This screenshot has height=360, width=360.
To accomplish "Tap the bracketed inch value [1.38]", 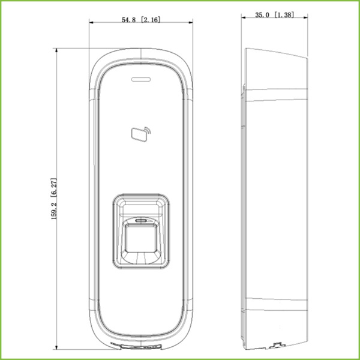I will (x=283, y=14).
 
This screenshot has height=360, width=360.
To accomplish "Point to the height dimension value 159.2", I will (x=53, y=207).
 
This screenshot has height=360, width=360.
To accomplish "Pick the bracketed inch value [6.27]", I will (x=53, y=184).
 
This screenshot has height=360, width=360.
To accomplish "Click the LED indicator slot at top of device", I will (x=142, y=78).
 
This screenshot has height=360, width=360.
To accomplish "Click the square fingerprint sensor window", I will (x=142, y=238).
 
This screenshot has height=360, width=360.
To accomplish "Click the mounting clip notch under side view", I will (x=277, y=346).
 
